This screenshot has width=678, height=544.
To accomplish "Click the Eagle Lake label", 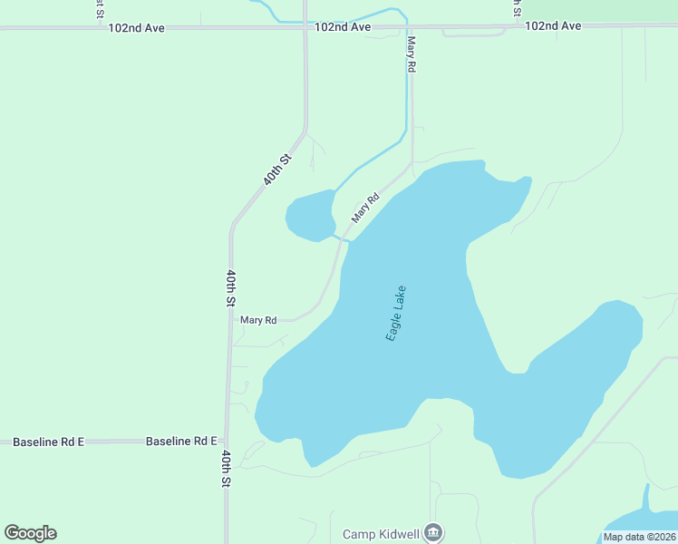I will tap(396, 313).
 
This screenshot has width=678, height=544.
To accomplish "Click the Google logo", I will tap(30, 533).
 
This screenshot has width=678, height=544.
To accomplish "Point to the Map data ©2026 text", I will tap(639, 536).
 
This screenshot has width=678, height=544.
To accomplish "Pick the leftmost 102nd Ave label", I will tap(136, 28).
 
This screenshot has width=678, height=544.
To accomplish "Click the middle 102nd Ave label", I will tap(343, 27).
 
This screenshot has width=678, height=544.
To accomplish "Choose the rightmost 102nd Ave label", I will tap(553, 25).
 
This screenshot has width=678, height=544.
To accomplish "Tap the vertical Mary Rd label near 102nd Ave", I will tap(412, 54).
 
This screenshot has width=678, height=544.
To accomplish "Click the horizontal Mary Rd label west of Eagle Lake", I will tap(258, 320).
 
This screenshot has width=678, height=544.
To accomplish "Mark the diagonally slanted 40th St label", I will tap(277, 170).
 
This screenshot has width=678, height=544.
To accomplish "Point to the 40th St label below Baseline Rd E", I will tap(226, 470).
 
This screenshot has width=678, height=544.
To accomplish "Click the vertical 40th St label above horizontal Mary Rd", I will tap(231, 287).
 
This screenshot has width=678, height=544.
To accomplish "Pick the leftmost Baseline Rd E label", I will tap(48, 442).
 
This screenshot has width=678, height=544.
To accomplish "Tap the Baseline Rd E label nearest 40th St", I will tap(181, 442).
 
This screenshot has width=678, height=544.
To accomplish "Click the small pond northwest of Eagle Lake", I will tap(311, 216).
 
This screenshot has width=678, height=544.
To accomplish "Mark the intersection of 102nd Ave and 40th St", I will tap(305, 28).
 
